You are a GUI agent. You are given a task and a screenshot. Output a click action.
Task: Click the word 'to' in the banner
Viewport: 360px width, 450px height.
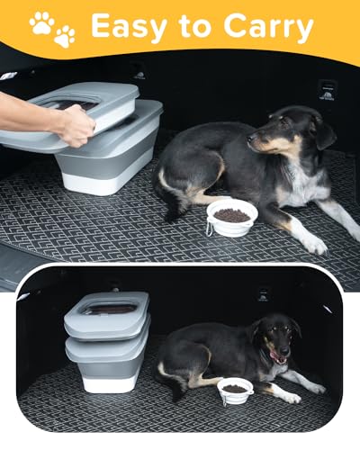click(193, 28)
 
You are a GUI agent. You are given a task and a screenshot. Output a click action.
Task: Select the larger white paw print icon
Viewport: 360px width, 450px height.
click(41, 22)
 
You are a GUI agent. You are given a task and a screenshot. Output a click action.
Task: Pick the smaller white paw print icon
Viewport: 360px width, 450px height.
click(65, 37)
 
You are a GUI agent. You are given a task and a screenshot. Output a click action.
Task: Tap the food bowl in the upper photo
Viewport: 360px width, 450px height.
click(231, 217)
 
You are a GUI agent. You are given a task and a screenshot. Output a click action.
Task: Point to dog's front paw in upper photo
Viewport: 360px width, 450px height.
click(313, 244)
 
